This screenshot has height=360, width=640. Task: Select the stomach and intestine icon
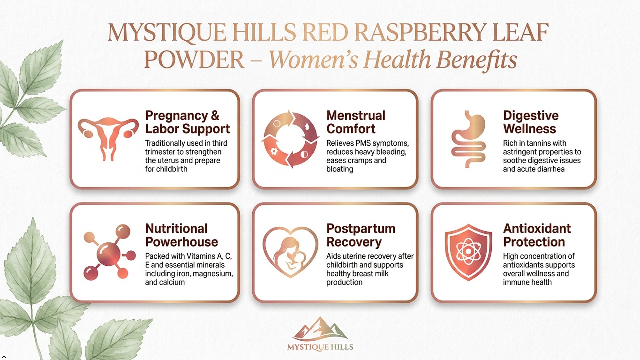pyautogui.click(x=468, y=139)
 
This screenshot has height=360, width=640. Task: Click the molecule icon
pyautogui.click(x=110, y=252)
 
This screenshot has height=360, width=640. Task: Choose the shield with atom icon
pyautogui.click(x=468, y=252)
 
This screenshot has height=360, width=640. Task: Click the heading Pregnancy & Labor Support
pyautogui.click(x=187, y=122)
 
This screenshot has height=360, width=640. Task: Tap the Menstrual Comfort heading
pyautogui.click(x=356, y=122)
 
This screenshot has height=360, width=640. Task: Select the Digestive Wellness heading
pyautogui.click(x=531, y=122)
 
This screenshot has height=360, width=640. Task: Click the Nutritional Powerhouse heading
pyautogui.click(x=181, y=235)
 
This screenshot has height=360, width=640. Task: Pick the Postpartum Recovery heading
pyautogui.click(x=361, y=235)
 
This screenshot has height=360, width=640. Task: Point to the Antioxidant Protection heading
pyautogui.click(x=537, y=235)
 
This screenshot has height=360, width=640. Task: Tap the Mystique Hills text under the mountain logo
pyautogui.click(x=320, y=347)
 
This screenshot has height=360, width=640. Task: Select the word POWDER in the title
pyautogui.click(x=194, y=60)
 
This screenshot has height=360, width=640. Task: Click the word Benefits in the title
pyautogui.click(x=477, y=60)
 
